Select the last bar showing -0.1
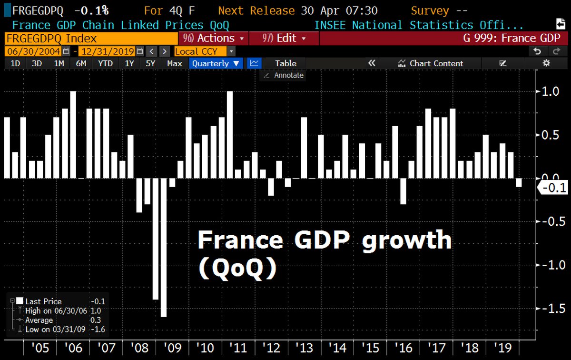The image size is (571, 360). (x=519, y=182)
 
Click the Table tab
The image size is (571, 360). (x=285, y=63)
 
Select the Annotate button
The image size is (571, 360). (x=285, y=75)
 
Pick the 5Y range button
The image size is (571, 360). (x=150, y=63)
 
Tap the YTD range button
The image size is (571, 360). (x=105, y=63)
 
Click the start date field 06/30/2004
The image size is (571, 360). (x=33, y=51)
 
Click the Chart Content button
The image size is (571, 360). (x=430, y=63)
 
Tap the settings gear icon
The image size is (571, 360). (x=546, y=63)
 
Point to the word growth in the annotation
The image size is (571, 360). (x=407, y=240)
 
